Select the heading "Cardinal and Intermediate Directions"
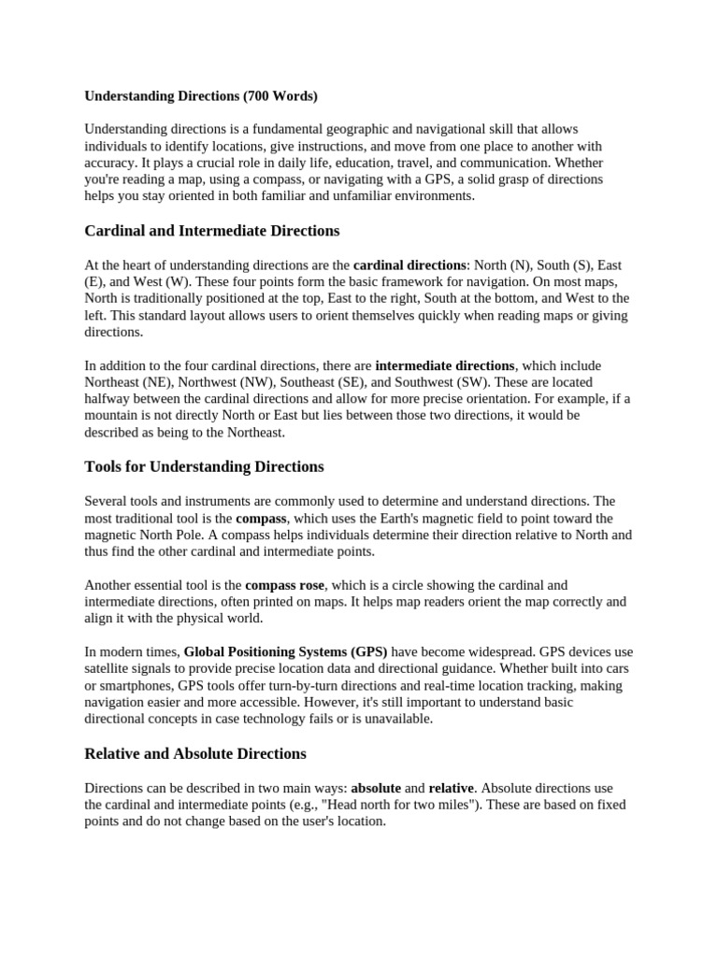[x=212, y=230]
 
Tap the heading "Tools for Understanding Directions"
[x=204, y=466]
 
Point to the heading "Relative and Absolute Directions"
[x=195, y=753]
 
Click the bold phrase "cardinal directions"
[x=409, y=265]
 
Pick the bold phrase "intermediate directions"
[x=445, y=365]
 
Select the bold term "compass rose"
[x=284, y=585]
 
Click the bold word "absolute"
[x=375, y=788]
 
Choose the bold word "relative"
[x=451, y=788]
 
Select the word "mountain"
[x=111, y=415]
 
